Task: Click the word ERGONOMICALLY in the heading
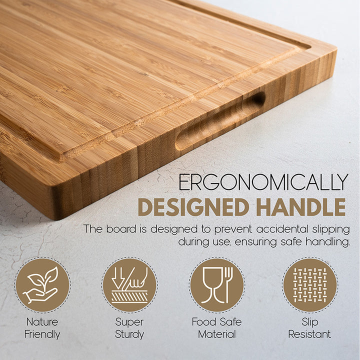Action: [x=263, y=182]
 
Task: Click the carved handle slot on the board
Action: [x=220, y=121]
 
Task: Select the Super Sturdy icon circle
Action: [x=129, y=285]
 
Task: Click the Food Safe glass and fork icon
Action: [x=217, y=285]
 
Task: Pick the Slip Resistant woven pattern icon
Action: [x=310, y=285]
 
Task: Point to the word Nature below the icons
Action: [x=42, y=322]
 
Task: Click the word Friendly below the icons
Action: [x=42, y=334]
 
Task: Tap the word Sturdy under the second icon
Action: [x=129, y=334]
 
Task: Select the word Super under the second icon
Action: [x=129, y=322]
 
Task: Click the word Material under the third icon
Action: [x=217, y=334]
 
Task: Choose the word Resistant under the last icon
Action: [x=309, y=334]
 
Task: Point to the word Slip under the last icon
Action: [x=310, y=322]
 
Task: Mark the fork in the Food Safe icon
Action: [x=228, y=285]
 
